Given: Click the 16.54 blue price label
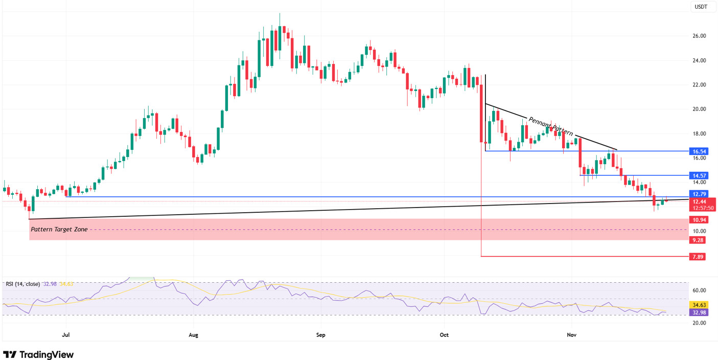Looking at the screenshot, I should (x=698, y=151).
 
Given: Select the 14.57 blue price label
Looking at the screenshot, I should (x=698, y=175).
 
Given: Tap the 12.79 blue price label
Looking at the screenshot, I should (x=698, y=194).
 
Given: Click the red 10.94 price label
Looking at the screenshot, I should (x=698, y=220).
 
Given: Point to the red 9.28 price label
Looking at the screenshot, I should (x=698, y=240).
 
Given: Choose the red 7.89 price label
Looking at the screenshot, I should (x=698, y=257).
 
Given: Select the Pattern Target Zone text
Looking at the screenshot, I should (x=59, y=230).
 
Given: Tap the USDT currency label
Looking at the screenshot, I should (x=699, y=7).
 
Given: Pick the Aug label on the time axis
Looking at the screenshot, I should (x=193, y=335).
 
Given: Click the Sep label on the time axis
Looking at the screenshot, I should (x=320, y=335).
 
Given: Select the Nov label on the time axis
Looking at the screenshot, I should (x=572, y=335).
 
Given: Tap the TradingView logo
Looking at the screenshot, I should (x=39, y=354).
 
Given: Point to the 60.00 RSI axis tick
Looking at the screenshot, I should (x=699, y=290).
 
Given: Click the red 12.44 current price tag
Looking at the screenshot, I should (x=698, y=201).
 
